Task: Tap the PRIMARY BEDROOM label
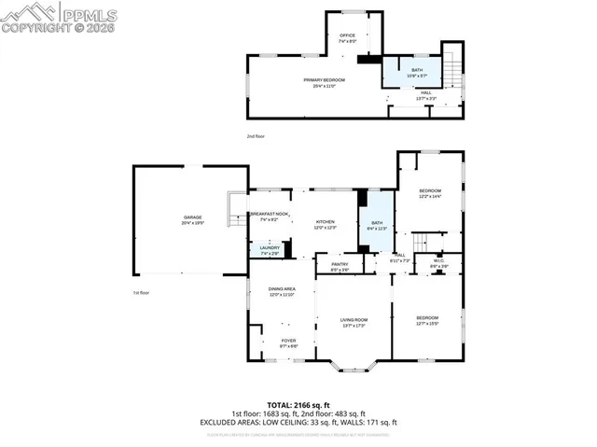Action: tap(324, 80)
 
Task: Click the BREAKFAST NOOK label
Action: tap(270, 215)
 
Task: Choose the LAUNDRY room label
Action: tap(269, 249)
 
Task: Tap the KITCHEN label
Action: tap(325, 221)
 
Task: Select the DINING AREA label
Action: tap(282, 290)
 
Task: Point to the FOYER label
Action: tap(288, 342)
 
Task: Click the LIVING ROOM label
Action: tap(354, 321)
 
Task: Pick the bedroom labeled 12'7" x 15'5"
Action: tap(426, 320)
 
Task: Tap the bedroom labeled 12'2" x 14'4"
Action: tap(429, 192)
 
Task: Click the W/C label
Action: tap(438, 262)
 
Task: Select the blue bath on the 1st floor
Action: tap(377, 224)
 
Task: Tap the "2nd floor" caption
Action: tap(256, 136)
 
